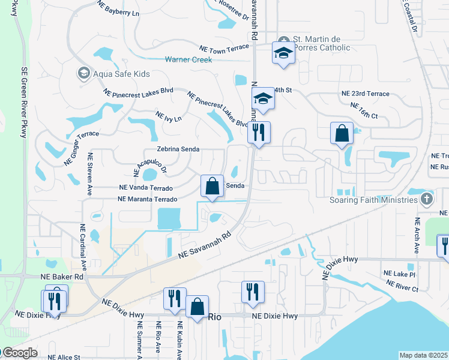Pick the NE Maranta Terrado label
click(x=148, y=199)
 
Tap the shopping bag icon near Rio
click(x=197, y=307)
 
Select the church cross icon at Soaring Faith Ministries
click(x=426, y=199)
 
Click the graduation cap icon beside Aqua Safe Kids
click(x=83, y=74)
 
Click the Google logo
click(x=19, y=353)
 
